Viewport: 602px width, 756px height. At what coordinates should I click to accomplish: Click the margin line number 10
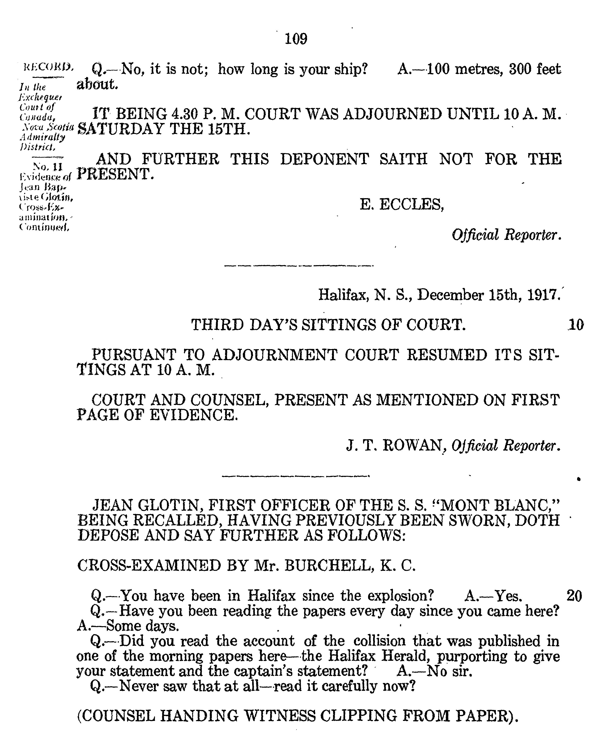[575, 325]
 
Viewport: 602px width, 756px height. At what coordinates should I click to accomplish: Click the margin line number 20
[574, 596]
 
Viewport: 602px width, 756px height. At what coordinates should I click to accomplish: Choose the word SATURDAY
[120, 129]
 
